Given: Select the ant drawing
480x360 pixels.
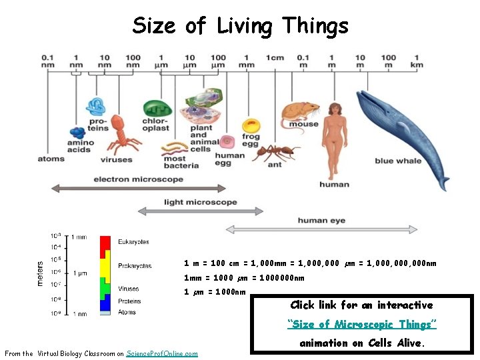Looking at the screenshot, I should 273,153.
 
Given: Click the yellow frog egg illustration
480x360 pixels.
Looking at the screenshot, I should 251,126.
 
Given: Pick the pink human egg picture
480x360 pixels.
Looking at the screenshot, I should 228,142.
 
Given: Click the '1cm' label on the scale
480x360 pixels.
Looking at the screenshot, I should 275,57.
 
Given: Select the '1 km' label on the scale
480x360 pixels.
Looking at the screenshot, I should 417,61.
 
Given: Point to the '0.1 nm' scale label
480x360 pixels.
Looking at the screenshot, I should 48,61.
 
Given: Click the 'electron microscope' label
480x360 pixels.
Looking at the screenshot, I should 138,179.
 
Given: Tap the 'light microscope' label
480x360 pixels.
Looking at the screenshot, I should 200,202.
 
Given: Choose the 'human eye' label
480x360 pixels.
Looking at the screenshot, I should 321,220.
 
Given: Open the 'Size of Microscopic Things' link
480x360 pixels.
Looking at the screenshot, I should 362,324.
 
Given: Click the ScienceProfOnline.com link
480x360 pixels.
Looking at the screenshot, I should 162,353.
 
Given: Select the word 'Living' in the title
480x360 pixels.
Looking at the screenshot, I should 243,26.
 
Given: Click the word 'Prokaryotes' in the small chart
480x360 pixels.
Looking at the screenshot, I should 135,266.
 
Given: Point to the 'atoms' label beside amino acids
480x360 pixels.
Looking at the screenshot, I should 51,159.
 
